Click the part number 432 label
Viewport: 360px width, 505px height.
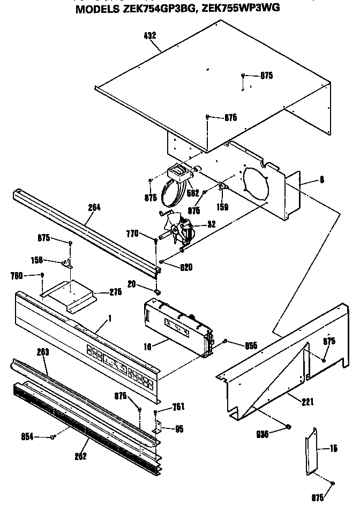click(x=150, y=35)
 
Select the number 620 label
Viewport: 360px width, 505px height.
click(x=186, y=267)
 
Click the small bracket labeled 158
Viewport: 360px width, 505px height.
click(x=67, y=262)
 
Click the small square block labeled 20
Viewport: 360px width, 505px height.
click(x=157, y=292)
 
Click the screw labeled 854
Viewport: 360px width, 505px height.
click(x=53, y=437)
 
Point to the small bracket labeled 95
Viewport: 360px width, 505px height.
click(x=159, y=428)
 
